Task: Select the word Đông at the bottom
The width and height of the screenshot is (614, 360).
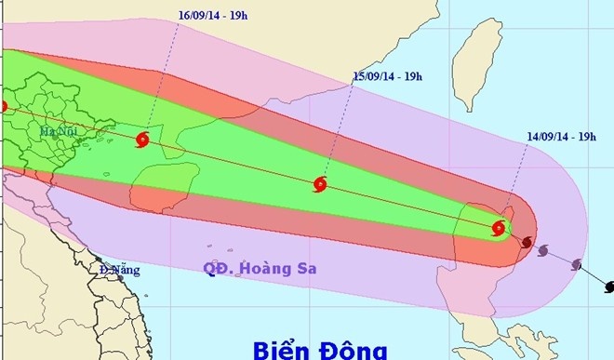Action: (356, 348)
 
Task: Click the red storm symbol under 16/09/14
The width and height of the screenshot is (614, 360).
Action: (141, 140)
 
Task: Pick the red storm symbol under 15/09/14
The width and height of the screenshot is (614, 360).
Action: (321, 184)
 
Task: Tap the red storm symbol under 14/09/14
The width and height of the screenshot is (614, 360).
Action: (500, 227)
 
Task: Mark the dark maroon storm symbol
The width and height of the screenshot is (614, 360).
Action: (527, 243)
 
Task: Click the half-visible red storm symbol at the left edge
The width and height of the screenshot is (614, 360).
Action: (3, 107)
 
